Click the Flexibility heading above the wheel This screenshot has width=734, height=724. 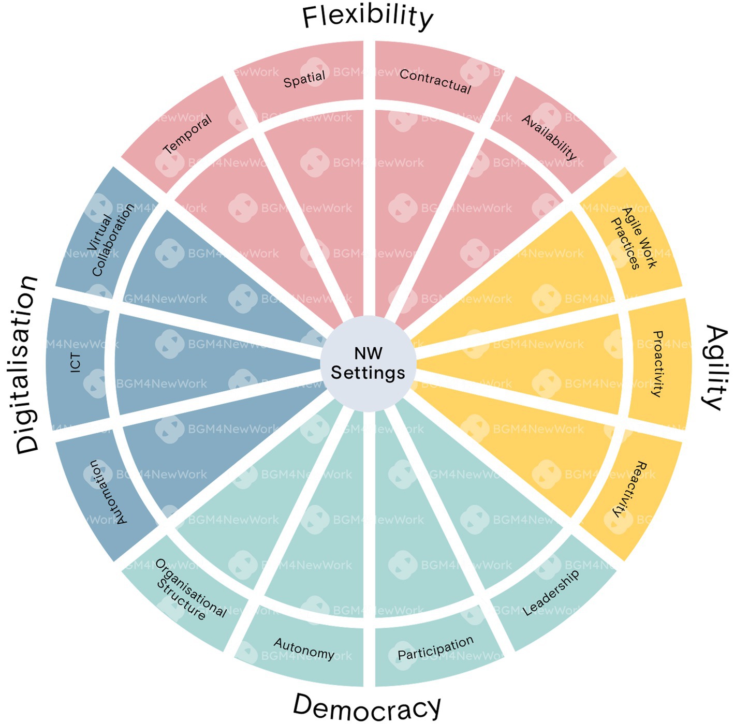pyautogui.click(x=367, y=17)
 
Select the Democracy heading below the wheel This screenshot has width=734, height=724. pyautogui.click(x=367, y=706)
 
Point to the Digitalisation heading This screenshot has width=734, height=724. pyautogui.click(x=27, y=365)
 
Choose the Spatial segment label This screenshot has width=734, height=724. pyautogui.click(x=304, y=79)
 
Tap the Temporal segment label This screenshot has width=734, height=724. pyautogui.click(x=187, y=134)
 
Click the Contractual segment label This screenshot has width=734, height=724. pyautogui.click(x=435, y=82)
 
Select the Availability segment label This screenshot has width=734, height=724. pyautogui.click(x=549, y=137)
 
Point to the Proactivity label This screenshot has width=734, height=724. pyautogui.click(x=657, y=363)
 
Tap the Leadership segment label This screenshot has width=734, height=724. pyautogui.click(x=551, y=593)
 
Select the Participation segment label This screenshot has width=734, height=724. pyautogui.click(x=435, y=648)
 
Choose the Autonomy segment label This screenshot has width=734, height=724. pyautogui.click(x=304, y=648)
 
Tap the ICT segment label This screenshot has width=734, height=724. pyautogui.click(x=77, y=363)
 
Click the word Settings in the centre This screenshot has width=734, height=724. pyautogui.click(x=368, y=373)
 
